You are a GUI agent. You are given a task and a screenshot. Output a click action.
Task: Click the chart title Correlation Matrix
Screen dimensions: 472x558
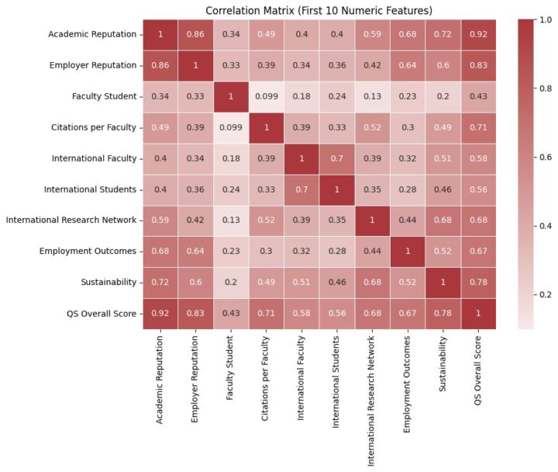318,10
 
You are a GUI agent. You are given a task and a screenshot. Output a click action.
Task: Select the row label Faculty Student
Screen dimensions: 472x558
102,96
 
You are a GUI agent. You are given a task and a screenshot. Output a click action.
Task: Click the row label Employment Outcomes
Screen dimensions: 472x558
90,252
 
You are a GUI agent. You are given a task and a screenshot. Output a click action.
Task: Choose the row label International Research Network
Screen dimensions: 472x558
72,220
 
